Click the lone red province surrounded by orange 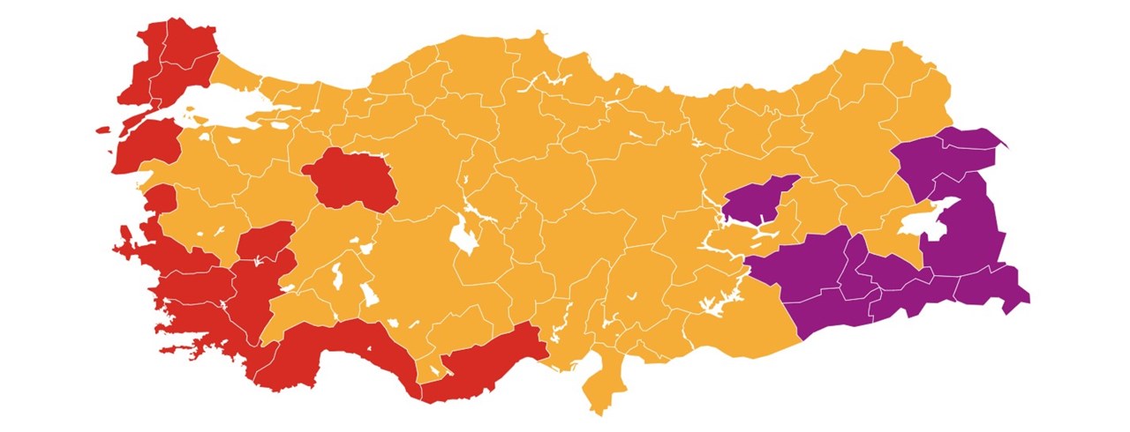click(x=349, y=181)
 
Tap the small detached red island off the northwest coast click(x=102, y=130)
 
